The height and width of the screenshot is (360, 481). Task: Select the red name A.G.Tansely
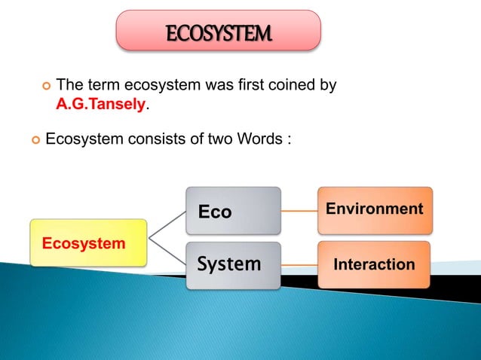[100, 105]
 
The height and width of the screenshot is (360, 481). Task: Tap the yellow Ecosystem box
[88, 243]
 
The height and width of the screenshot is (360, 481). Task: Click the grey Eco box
[234, 212]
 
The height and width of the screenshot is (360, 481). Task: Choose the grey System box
[234, 264]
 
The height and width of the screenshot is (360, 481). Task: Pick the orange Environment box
[375, 209]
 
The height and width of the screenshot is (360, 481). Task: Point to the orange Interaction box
[374, 264]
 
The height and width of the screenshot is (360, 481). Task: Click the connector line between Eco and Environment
[299, 211]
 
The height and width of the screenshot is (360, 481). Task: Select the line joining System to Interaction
[299, 264]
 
